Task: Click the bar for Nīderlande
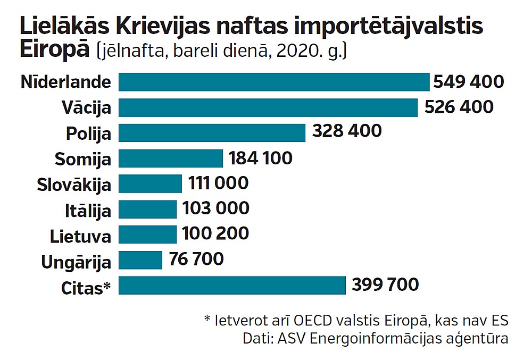(x=273, y=82)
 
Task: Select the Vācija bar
(x=268, y=107)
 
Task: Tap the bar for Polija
(x=212, y=132)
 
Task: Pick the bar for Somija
(x=170, y=158)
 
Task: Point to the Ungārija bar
(x=140, y=260)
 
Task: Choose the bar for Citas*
(x=232, y=286)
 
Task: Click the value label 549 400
(x=468, y=82)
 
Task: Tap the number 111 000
(x=218, y=183)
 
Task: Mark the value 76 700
(x=196, y=259)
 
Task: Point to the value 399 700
(x=385, y=284)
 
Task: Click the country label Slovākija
(x=74, y=185)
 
